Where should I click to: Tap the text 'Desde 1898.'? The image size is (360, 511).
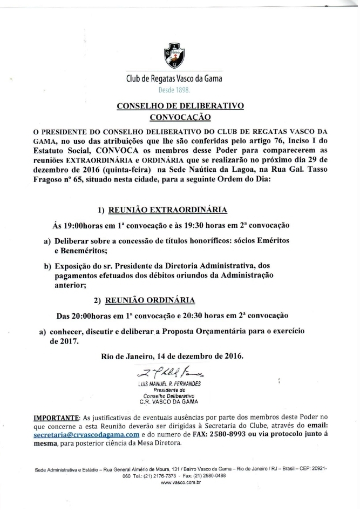(174, 90)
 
